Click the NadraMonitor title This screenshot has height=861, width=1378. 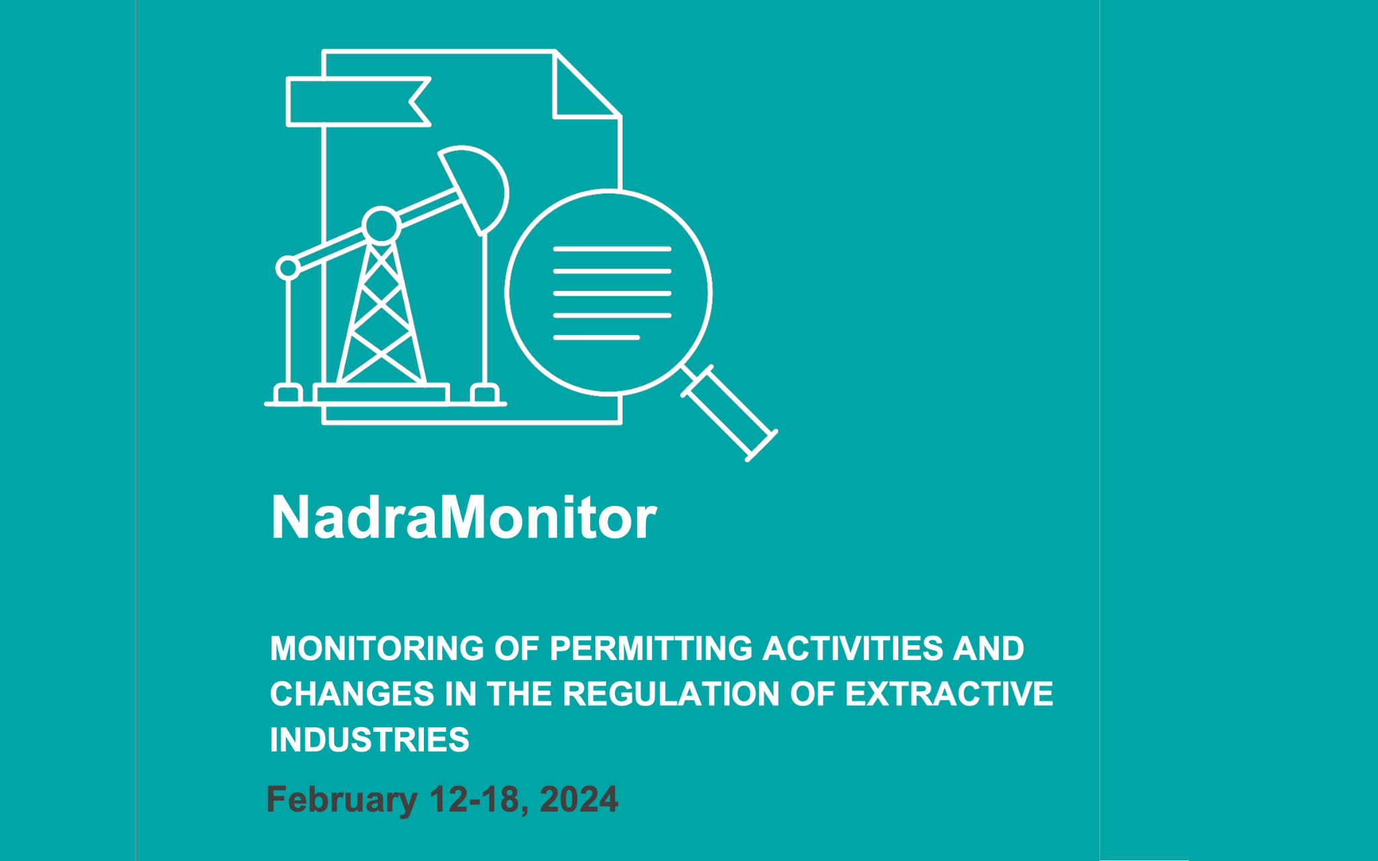point(463,517)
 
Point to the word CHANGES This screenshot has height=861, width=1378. point(352,694)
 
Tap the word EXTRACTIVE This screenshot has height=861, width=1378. point(949,694)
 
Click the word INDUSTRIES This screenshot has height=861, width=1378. point(369,740)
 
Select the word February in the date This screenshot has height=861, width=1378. point(342,800)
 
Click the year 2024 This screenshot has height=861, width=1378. point(579,800)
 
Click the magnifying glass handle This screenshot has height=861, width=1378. point(730,413)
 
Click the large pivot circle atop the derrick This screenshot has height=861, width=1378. point(382,225)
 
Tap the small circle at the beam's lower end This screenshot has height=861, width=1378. point(288,268)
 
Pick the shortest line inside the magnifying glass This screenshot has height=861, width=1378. point(596,337)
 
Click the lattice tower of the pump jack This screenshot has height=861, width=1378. point(382,316)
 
